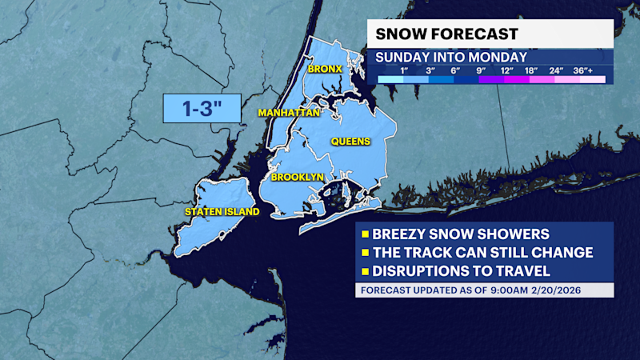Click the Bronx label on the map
coord(326,69)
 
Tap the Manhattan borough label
coord(289,114)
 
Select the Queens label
coord(351,142)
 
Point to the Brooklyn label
coord(297,177)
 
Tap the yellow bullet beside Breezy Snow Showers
coord(365,234)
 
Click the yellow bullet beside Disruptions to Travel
coord(365,270)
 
